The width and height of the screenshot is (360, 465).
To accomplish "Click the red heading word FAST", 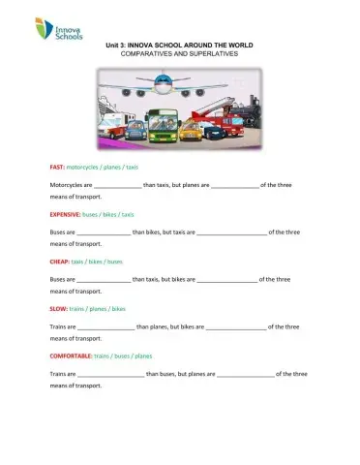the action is [58, 168].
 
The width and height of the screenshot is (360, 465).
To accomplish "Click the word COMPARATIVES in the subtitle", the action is [147, 54].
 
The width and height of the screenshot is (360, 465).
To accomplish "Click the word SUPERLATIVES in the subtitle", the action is [215, 54].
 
